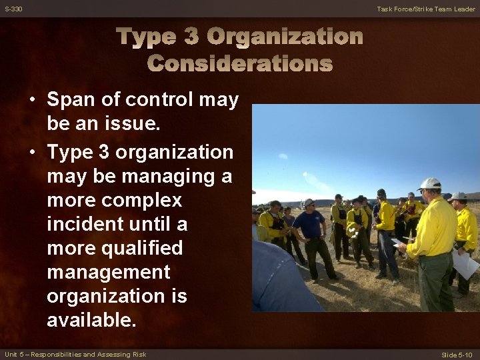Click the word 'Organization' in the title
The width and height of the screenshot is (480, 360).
coord(285,36)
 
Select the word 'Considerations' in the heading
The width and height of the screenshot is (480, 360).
coord(240,63)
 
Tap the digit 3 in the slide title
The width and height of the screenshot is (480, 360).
coord(191,36)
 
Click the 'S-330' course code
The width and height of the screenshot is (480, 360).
coord(13,9)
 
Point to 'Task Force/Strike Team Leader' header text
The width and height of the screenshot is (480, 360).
coord(426,9)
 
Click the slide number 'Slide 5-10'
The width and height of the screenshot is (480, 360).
coord(458,354)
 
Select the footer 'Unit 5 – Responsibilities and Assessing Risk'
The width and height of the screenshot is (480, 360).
coord(75,354)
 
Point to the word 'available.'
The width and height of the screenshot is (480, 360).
coord(91,320)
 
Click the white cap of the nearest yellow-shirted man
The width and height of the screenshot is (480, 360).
coord(430,183)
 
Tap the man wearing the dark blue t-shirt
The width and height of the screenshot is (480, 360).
coord(310,227)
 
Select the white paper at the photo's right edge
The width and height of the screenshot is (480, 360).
coord(466,263)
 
